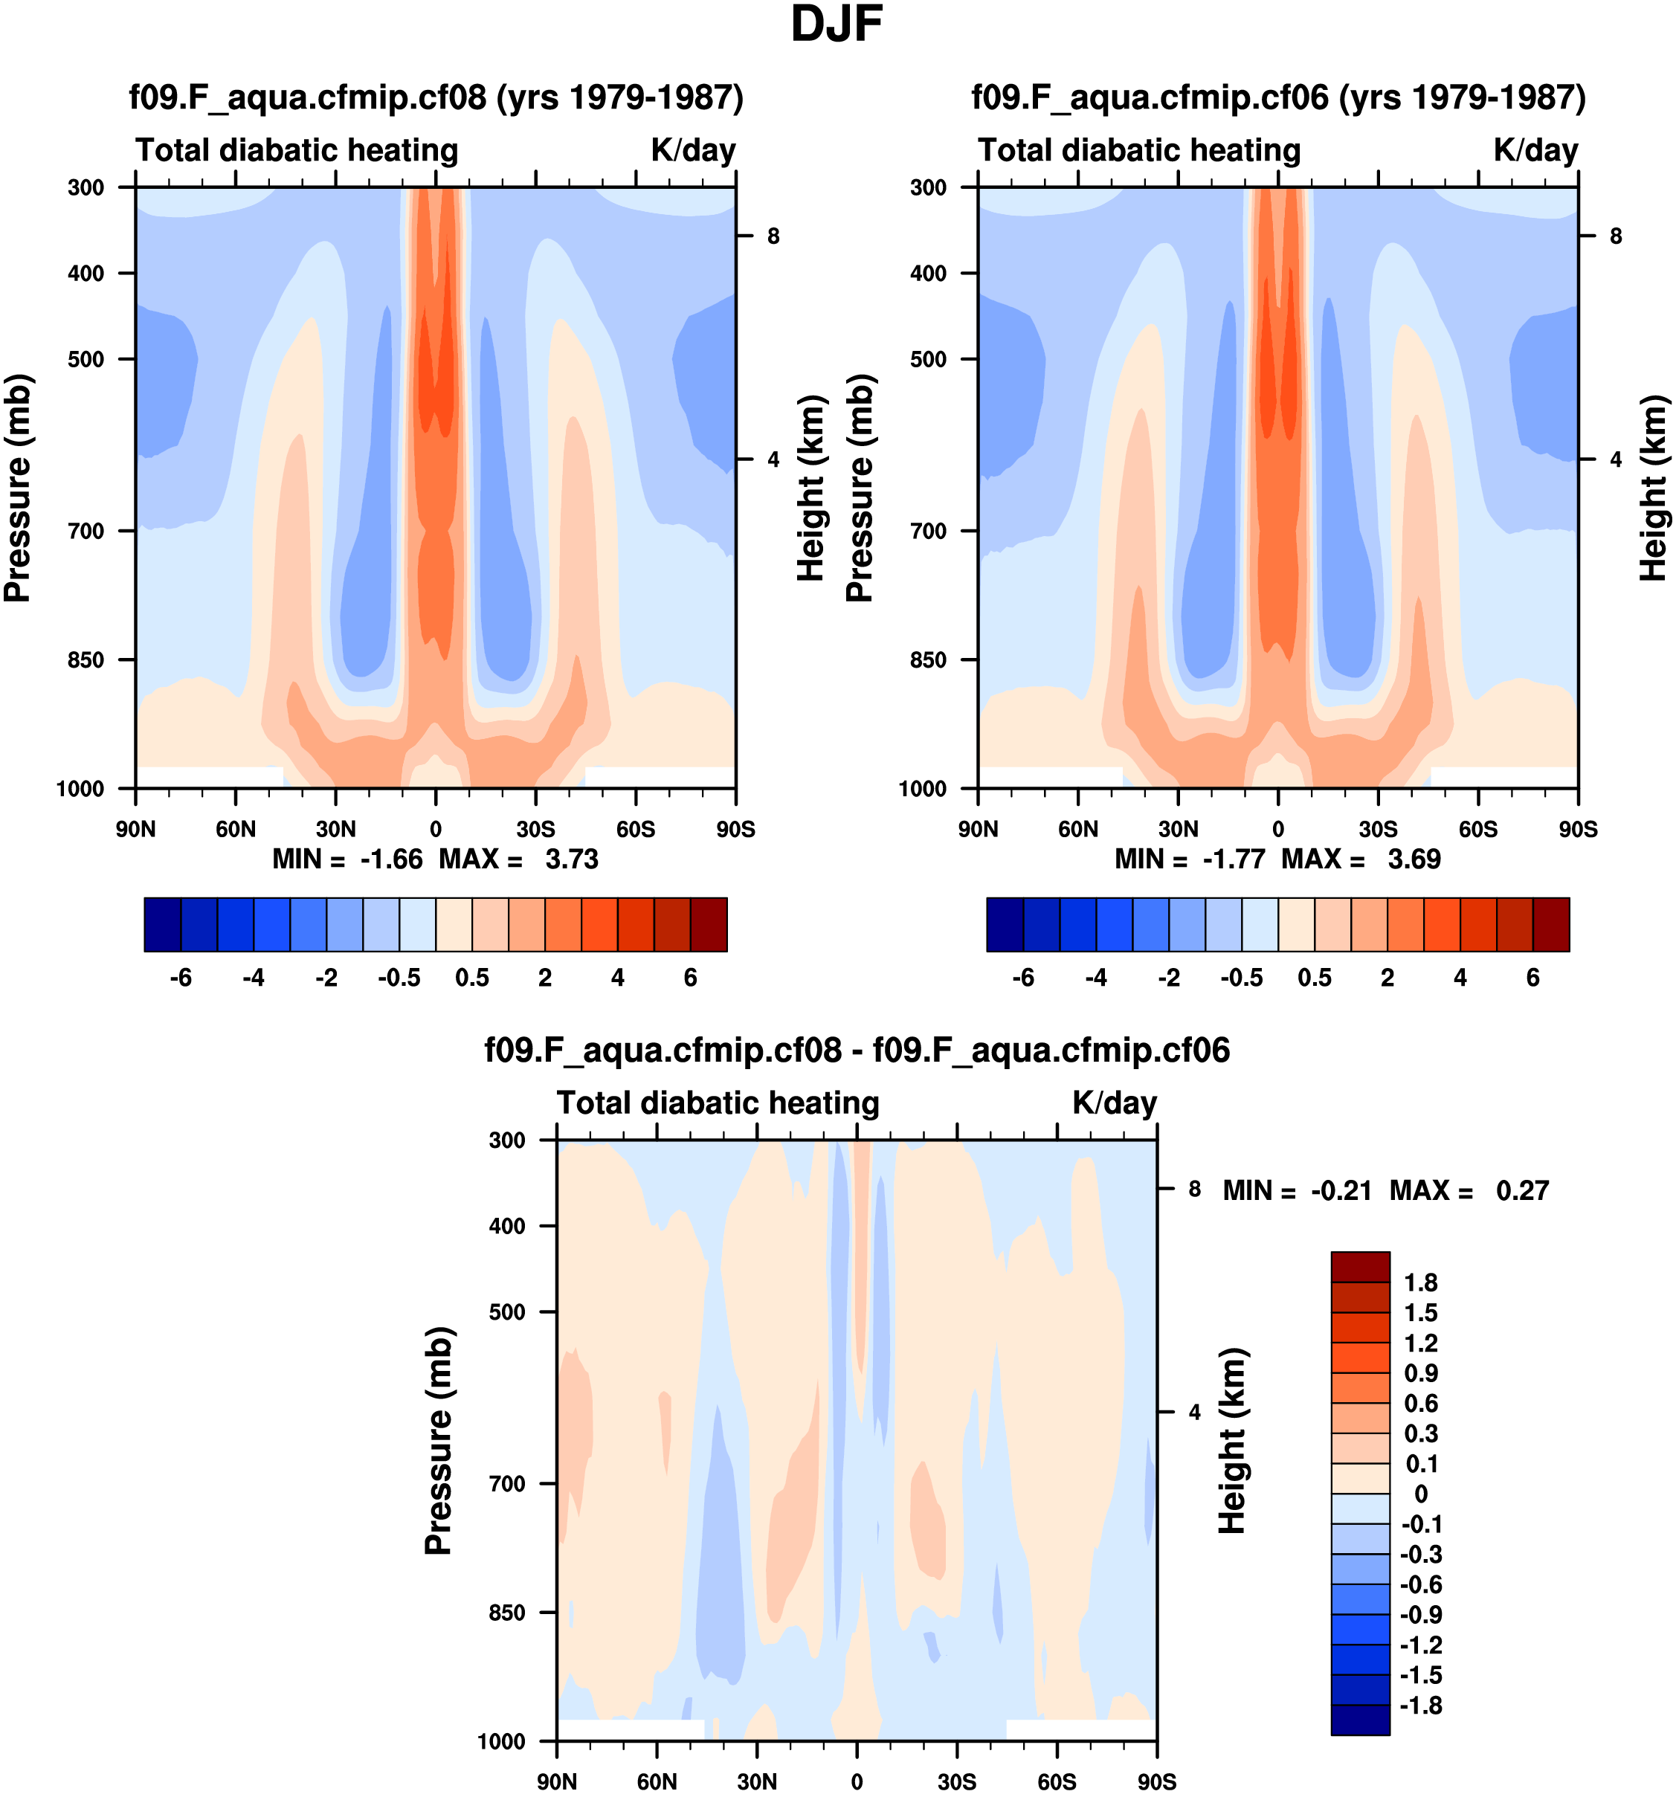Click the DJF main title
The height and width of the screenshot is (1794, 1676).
click(836, 25)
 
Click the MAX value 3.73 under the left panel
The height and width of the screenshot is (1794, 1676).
click(571, 859)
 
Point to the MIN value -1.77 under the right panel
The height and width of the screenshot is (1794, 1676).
click(1234, 859)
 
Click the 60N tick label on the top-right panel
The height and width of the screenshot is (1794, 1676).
click(1077, 829)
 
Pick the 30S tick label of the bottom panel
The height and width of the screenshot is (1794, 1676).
click(957, 1782)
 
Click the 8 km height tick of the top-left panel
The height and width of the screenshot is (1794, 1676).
click(773, 236)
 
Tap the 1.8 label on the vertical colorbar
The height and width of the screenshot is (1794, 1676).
click(1420, 1283)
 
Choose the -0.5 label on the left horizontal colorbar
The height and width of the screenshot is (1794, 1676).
click(399, 978)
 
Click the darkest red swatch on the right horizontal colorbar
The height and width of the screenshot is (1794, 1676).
click(1550, 924)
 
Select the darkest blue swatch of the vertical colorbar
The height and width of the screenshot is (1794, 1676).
click(1359, 1720)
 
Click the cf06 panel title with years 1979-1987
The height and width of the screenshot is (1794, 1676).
click(1278, 97)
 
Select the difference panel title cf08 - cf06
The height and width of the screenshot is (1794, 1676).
click(857, 1051)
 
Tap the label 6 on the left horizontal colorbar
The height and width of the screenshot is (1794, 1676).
click(691, 978)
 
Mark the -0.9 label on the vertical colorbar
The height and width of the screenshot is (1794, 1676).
click(1420, 1614)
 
